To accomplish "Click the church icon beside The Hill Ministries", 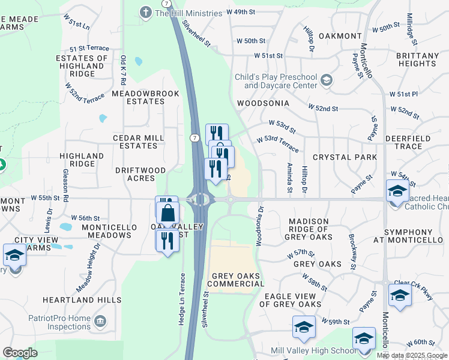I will (145, 12).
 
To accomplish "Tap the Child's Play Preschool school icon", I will (327, 80).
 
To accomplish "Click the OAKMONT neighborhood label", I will (340, 36).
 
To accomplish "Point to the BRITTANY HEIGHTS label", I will (418, 59).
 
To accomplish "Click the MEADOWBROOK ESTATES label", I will (137, 98).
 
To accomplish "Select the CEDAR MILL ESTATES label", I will (139, 142).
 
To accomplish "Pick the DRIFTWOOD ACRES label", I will (140, 174).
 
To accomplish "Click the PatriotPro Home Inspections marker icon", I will (100, 322).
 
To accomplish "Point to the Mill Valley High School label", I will (313, 351).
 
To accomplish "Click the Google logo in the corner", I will (20, 353).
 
